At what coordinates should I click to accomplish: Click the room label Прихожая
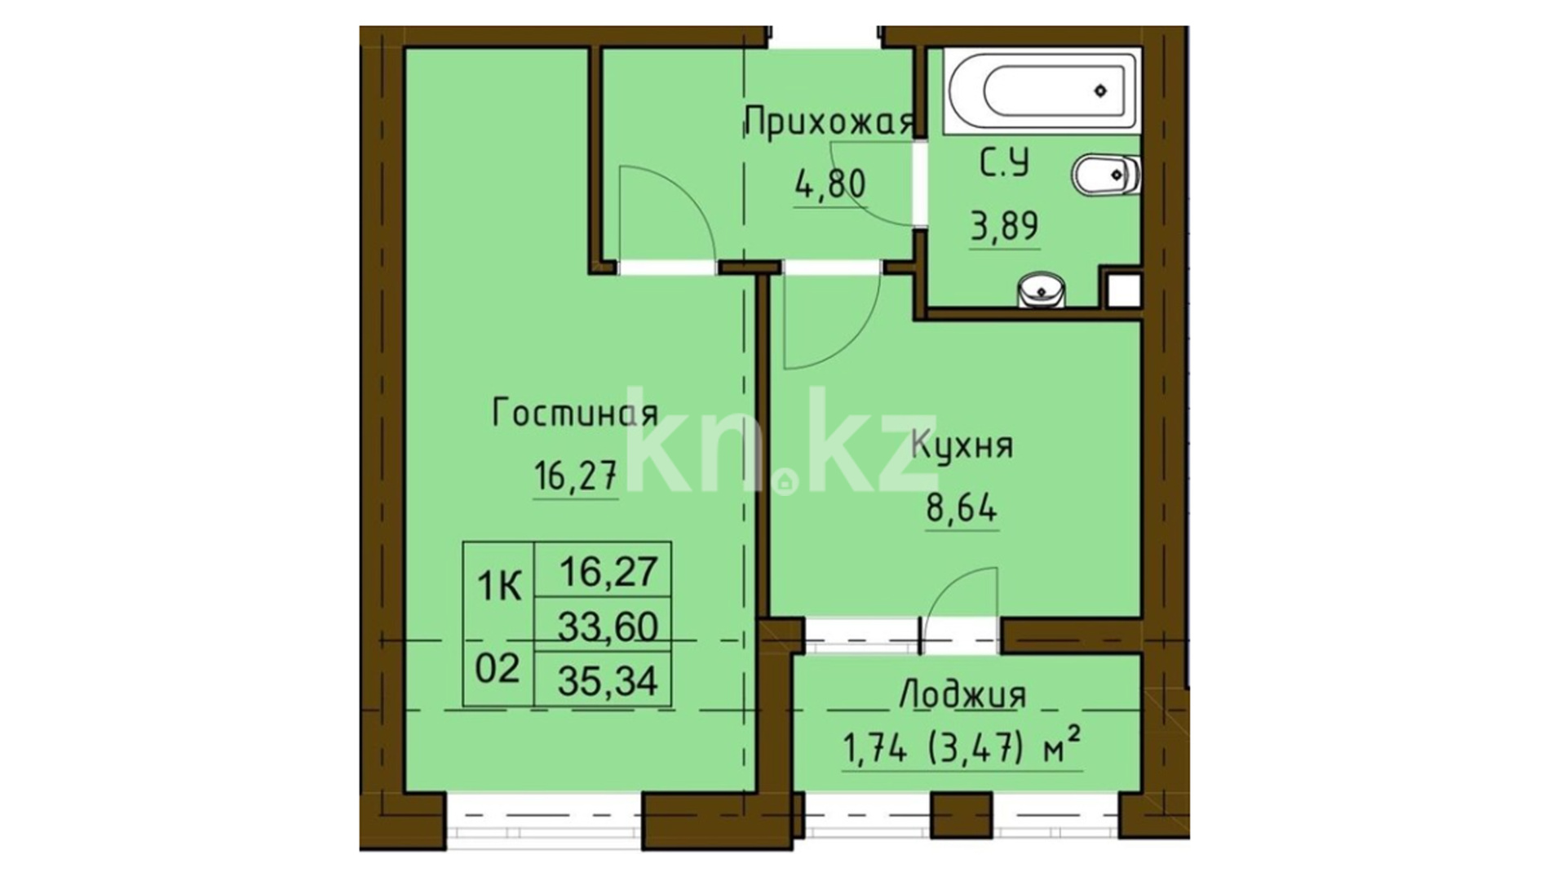pyautogui.click(x=829, y=124)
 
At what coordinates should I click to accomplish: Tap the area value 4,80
pyautogui.click(x=829, y=184)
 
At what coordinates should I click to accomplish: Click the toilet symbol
pyautogui.click(x=1105, y=175)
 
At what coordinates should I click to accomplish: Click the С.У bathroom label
pyautogui.click(x=1004, y=163)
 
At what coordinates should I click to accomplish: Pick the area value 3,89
pyautogui.click(x=1004, y=224)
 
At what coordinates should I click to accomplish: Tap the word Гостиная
pyautogui.click(x=575, y=414)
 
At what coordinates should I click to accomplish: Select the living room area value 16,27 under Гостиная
pyautogui.click(x=575, y=476)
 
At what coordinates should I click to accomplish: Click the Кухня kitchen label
pyautogui.click(x=962, y=446)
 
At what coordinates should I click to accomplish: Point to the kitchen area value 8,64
pyautogui.click(x=962, y=510)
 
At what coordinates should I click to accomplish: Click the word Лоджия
pyautogui.click(x=962, y=696)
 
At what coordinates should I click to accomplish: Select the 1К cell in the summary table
pyautogui.click(x=498, y=587)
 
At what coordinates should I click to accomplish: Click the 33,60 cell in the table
pyautogui.click(x=608, y=626)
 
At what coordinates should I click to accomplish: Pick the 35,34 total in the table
pyautogui.click(x=608, y=680)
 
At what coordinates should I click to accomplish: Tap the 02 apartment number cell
pyautogui.click(x=498, y=669)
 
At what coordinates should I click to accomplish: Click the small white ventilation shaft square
pyautogui.click(x=1123, y=290)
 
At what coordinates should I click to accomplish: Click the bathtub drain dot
pyautogui.click(x=1101, y=91)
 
